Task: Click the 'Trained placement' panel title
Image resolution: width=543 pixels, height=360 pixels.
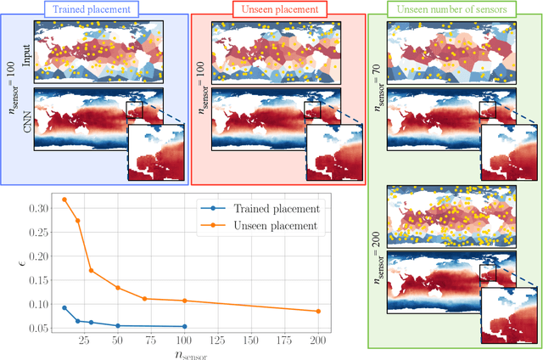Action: pos(94,8)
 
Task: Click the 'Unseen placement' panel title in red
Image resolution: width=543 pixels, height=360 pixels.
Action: pos(277,8)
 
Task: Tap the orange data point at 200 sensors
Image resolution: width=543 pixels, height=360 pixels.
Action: pos(318,311)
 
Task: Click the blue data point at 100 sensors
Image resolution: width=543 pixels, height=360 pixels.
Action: pos(185,326)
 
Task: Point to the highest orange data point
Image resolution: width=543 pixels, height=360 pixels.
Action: pos(64,200)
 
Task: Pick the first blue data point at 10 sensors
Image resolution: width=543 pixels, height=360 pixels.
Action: pos(64,307)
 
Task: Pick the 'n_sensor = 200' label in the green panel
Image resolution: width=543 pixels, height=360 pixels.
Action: pos(378,239)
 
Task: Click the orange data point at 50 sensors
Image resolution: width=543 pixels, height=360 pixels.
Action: pos(118,288)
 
